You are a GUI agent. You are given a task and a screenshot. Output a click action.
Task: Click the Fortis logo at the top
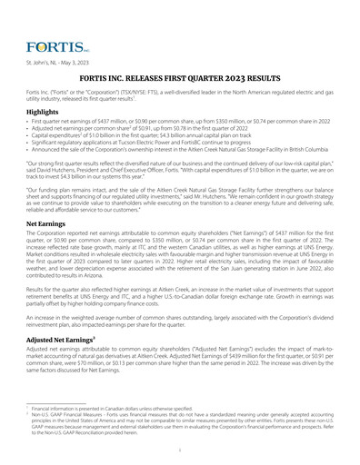56,45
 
